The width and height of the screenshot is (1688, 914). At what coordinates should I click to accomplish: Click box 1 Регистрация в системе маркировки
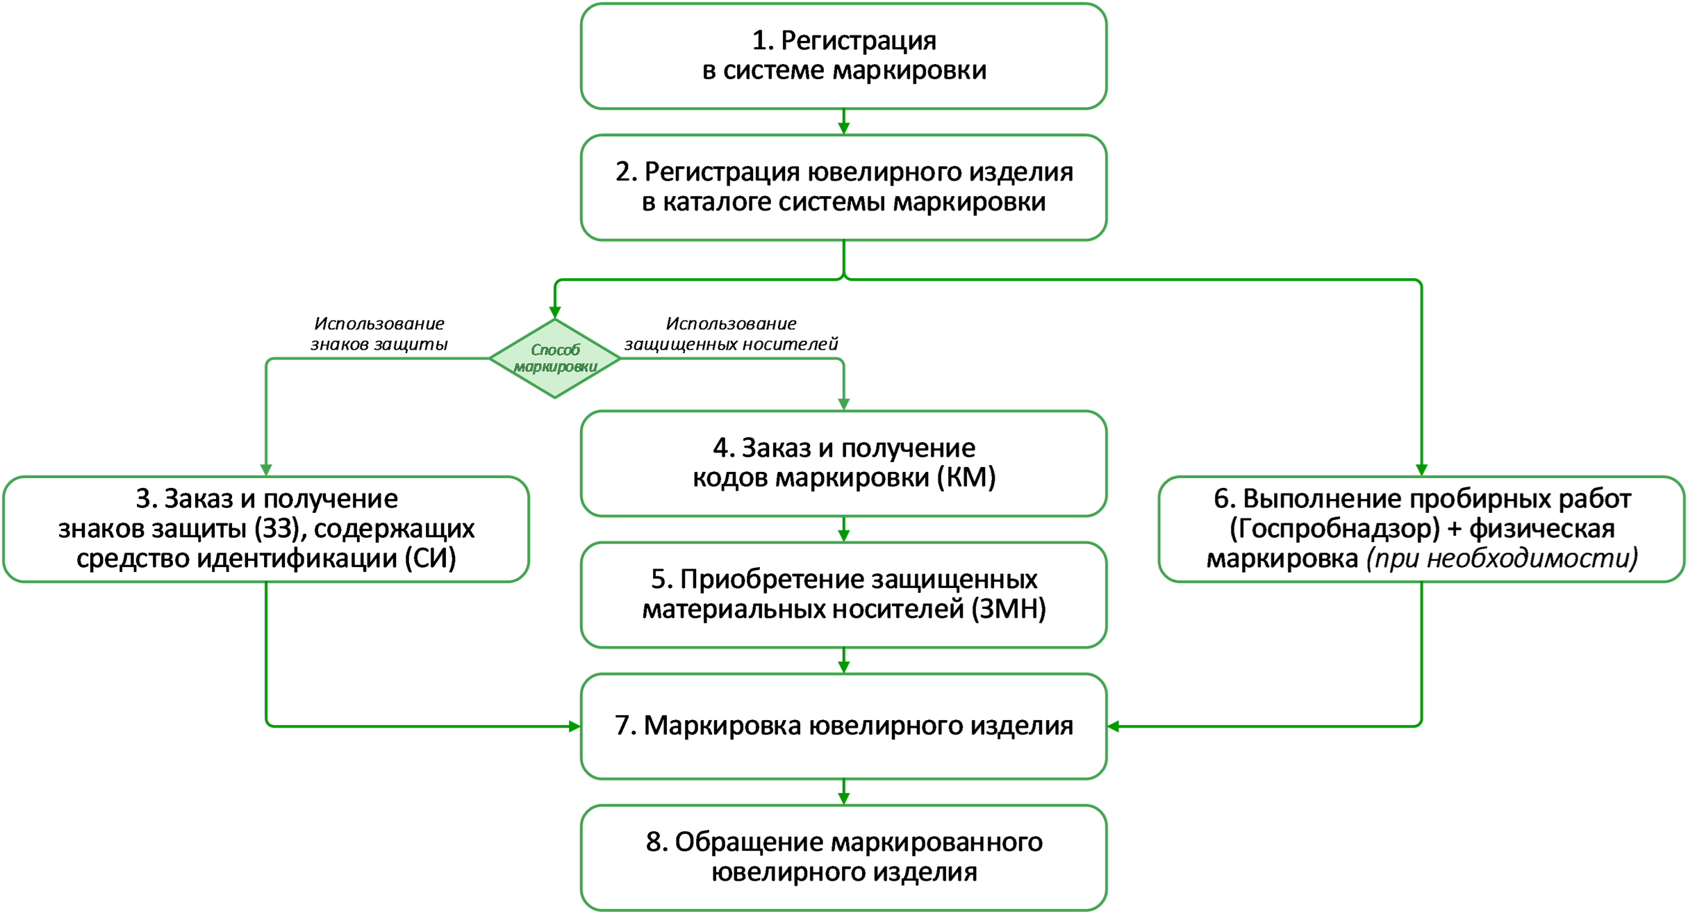tap(843, 56)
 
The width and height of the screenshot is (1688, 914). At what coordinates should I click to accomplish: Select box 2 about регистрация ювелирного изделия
tap(843, 187)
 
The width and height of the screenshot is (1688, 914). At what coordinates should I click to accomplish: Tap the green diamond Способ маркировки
tap(555, 358)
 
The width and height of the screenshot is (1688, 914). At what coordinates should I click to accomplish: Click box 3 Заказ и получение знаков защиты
tap(266, 529)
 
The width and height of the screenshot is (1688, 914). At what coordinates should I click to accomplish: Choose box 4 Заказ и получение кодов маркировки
tap(843, 463)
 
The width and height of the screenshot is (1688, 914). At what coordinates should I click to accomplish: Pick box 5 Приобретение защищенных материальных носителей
tap(843, 594)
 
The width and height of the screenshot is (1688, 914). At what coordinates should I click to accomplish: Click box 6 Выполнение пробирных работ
tap(1421, 529)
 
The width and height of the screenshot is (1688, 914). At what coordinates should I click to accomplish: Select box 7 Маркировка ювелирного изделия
tap(843, 726)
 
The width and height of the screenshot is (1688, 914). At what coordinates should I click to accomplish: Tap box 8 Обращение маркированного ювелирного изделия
tap(843, 857)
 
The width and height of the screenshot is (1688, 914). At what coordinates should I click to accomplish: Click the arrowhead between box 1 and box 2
tap(844, 127)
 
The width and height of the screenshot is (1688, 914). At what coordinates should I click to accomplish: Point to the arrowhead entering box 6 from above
tap(1422, 469)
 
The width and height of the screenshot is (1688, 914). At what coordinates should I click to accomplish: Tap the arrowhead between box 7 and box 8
tap(844, 798)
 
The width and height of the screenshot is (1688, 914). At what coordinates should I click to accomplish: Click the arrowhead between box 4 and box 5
tap(844, 534)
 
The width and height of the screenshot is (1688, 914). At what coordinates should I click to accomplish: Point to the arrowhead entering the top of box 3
tap(266, 469)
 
